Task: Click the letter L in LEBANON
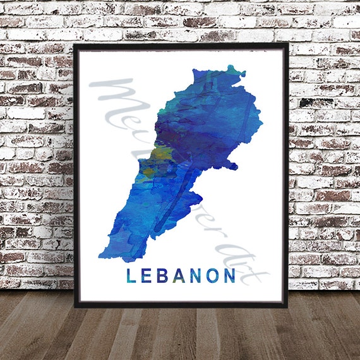pyautogui.click(x=131, y=276)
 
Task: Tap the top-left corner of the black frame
pyautogui.click(x=75, y=44)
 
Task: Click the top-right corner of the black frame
pyautogui.click(x=288, y=44)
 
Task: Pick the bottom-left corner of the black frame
pyautogui.click(x=75, y=306)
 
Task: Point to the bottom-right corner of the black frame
pyautogui.click(x=288, y=306)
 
